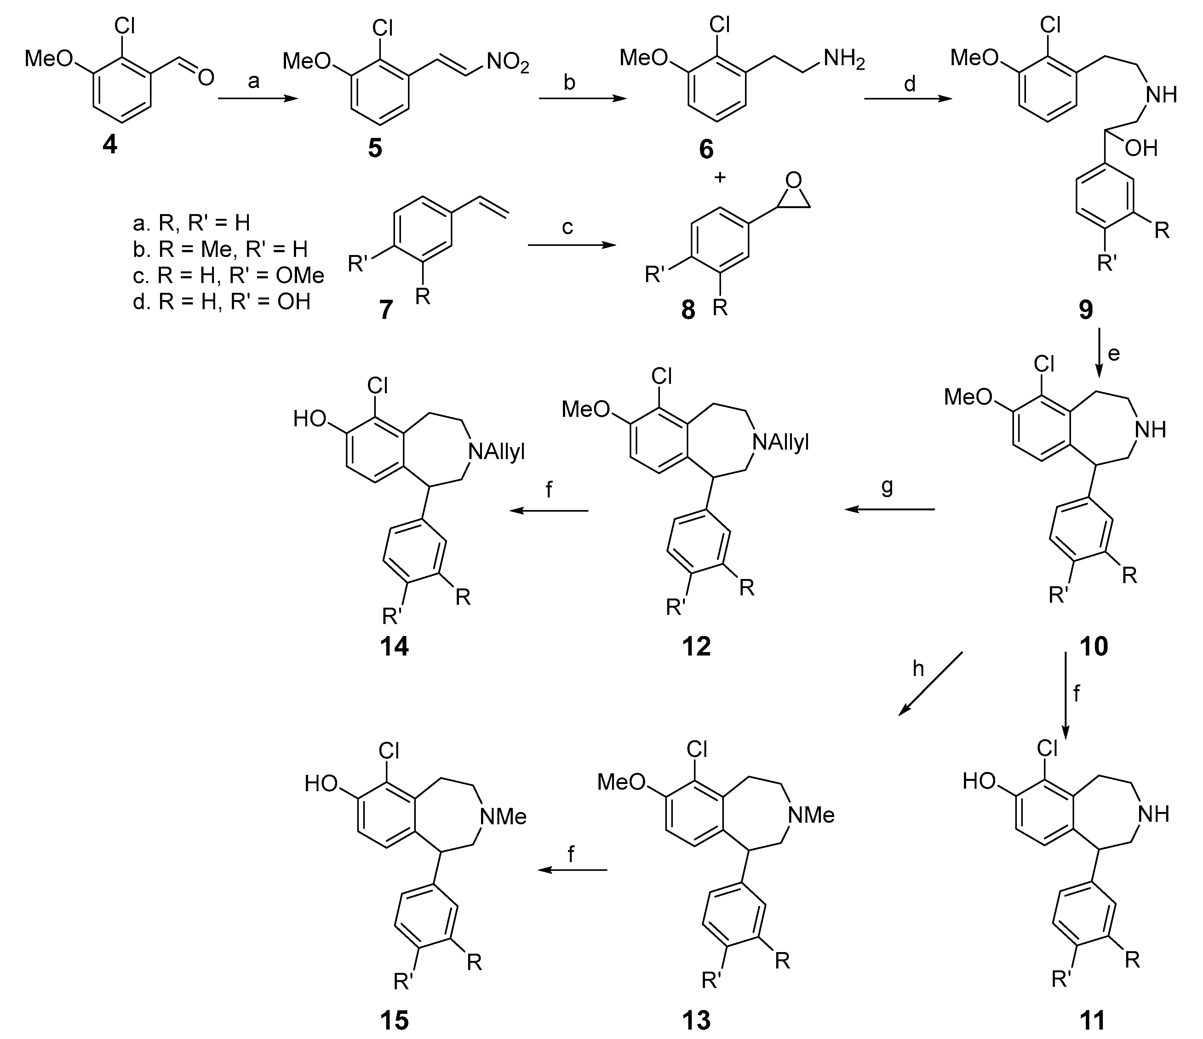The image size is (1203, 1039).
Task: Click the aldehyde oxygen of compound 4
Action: point(205,77)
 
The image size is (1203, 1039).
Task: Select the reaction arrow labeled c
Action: point(571,246)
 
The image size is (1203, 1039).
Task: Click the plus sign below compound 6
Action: point(720,177)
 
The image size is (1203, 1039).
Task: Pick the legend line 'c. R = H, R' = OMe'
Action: point(228,276)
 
